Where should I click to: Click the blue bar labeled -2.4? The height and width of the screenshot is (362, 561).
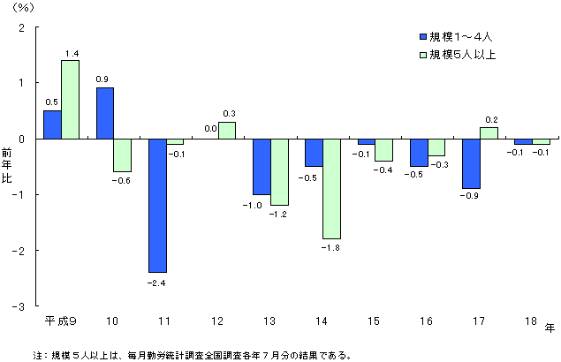[x=157, y=205]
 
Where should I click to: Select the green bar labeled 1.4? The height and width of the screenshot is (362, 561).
[x=70, y=99]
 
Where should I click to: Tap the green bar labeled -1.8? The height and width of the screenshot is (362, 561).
[x=331, y=188]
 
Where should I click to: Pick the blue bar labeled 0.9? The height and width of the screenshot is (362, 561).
[x=104, y=113]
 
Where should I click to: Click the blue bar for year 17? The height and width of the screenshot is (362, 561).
[x=471, y=163]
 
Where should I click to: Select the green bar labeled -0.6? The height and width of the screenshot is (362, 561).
[x=122, y=155]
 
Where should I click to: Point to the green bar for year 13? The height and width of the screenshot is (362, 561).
[x=279, y=171]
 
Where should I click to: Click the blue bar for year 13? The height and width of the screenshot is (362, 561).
[x=262, y=166]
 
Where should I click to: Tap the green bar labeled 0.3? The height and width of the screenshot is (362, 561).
[x=227, y=130]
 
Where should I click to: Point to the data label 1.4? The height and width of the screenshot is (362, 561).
[x=71, y=53]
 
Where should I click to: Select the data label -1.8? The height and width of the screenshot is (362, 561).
[x=331, y=249]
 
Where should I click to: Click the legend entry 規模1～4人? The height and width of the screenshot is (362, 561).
[x=459, y=37]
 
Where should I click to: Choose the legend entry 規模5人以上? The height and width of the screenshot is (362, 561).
[x=464, y=55]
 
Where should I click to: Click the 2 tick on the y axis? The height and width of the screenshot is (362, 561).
[x=22, y=27]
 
